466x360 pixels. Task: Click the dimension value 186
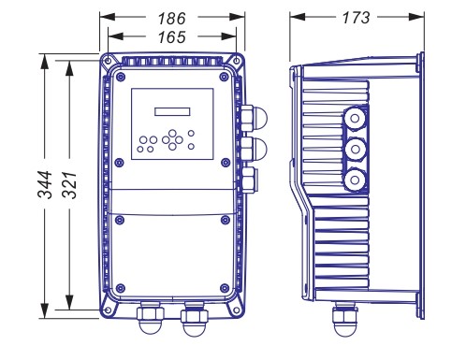click(171, 19)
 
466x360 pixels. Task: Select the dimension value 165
click(171, 37)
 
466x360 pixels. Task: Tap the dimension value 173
click(356, 18)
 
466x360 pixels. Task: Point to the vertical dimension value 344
click(45, 184)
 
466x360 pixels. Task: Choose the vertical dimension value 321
click(69, 184)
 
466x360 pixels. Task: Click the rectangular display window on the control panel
click(172, 112)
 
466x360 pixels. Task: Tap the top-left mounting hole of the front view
click(108, 61)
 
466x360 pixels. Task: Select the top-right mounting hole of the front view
click(237, 61)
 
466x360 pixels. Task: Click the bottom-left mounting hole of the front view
click(108, 310)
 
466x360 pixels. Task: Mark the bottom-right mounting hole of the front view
click(237, 310)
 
